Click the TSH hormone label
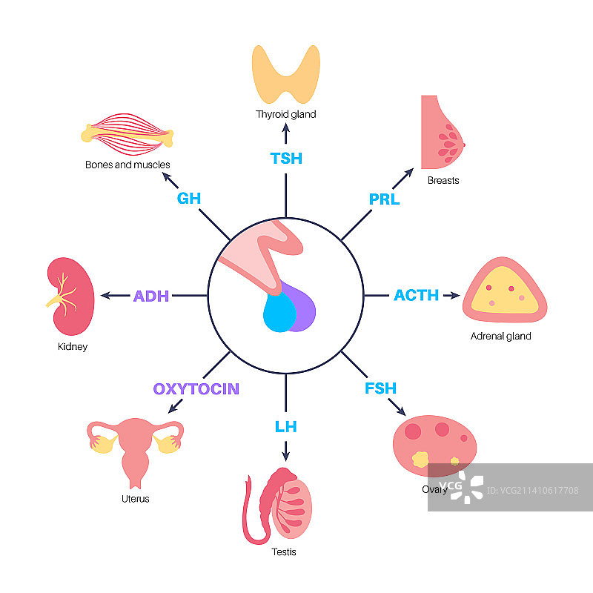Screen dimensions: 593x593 pos(285,158)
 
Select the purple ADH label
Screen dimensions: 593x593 pos(151,296)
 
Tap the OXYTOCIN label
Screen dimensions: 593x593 pos(196,388)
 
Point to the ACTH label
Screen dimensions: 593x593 pos(416,295)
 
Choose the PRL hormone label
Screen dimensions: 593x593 pos(384,199)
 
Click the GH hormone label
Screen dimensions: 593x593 pos(189,199)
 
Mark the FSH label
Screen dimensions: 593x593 pos(380,388)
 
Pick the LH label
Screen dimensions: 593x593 pos(285,426)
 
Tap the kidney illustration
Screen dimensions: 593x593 pos(71,297)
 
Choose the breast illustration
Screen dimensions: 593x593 pos(440,133)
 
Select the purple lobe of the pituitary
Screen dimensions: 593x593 pos(305,306)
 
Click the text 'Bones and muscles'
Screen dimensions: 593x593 pos(127,165)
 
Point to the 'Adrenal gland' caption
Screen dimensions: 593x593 pos(501,336)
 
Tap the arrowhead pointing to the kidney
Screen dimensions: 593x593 pos(105,296)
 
